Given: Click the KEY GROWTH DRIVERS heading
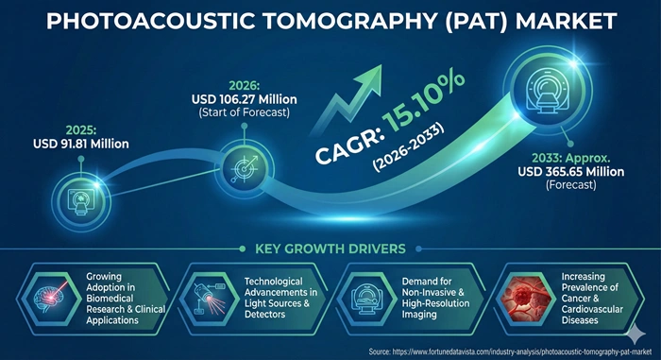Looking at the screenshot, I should pyautogui.click(x=330, y=249).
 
